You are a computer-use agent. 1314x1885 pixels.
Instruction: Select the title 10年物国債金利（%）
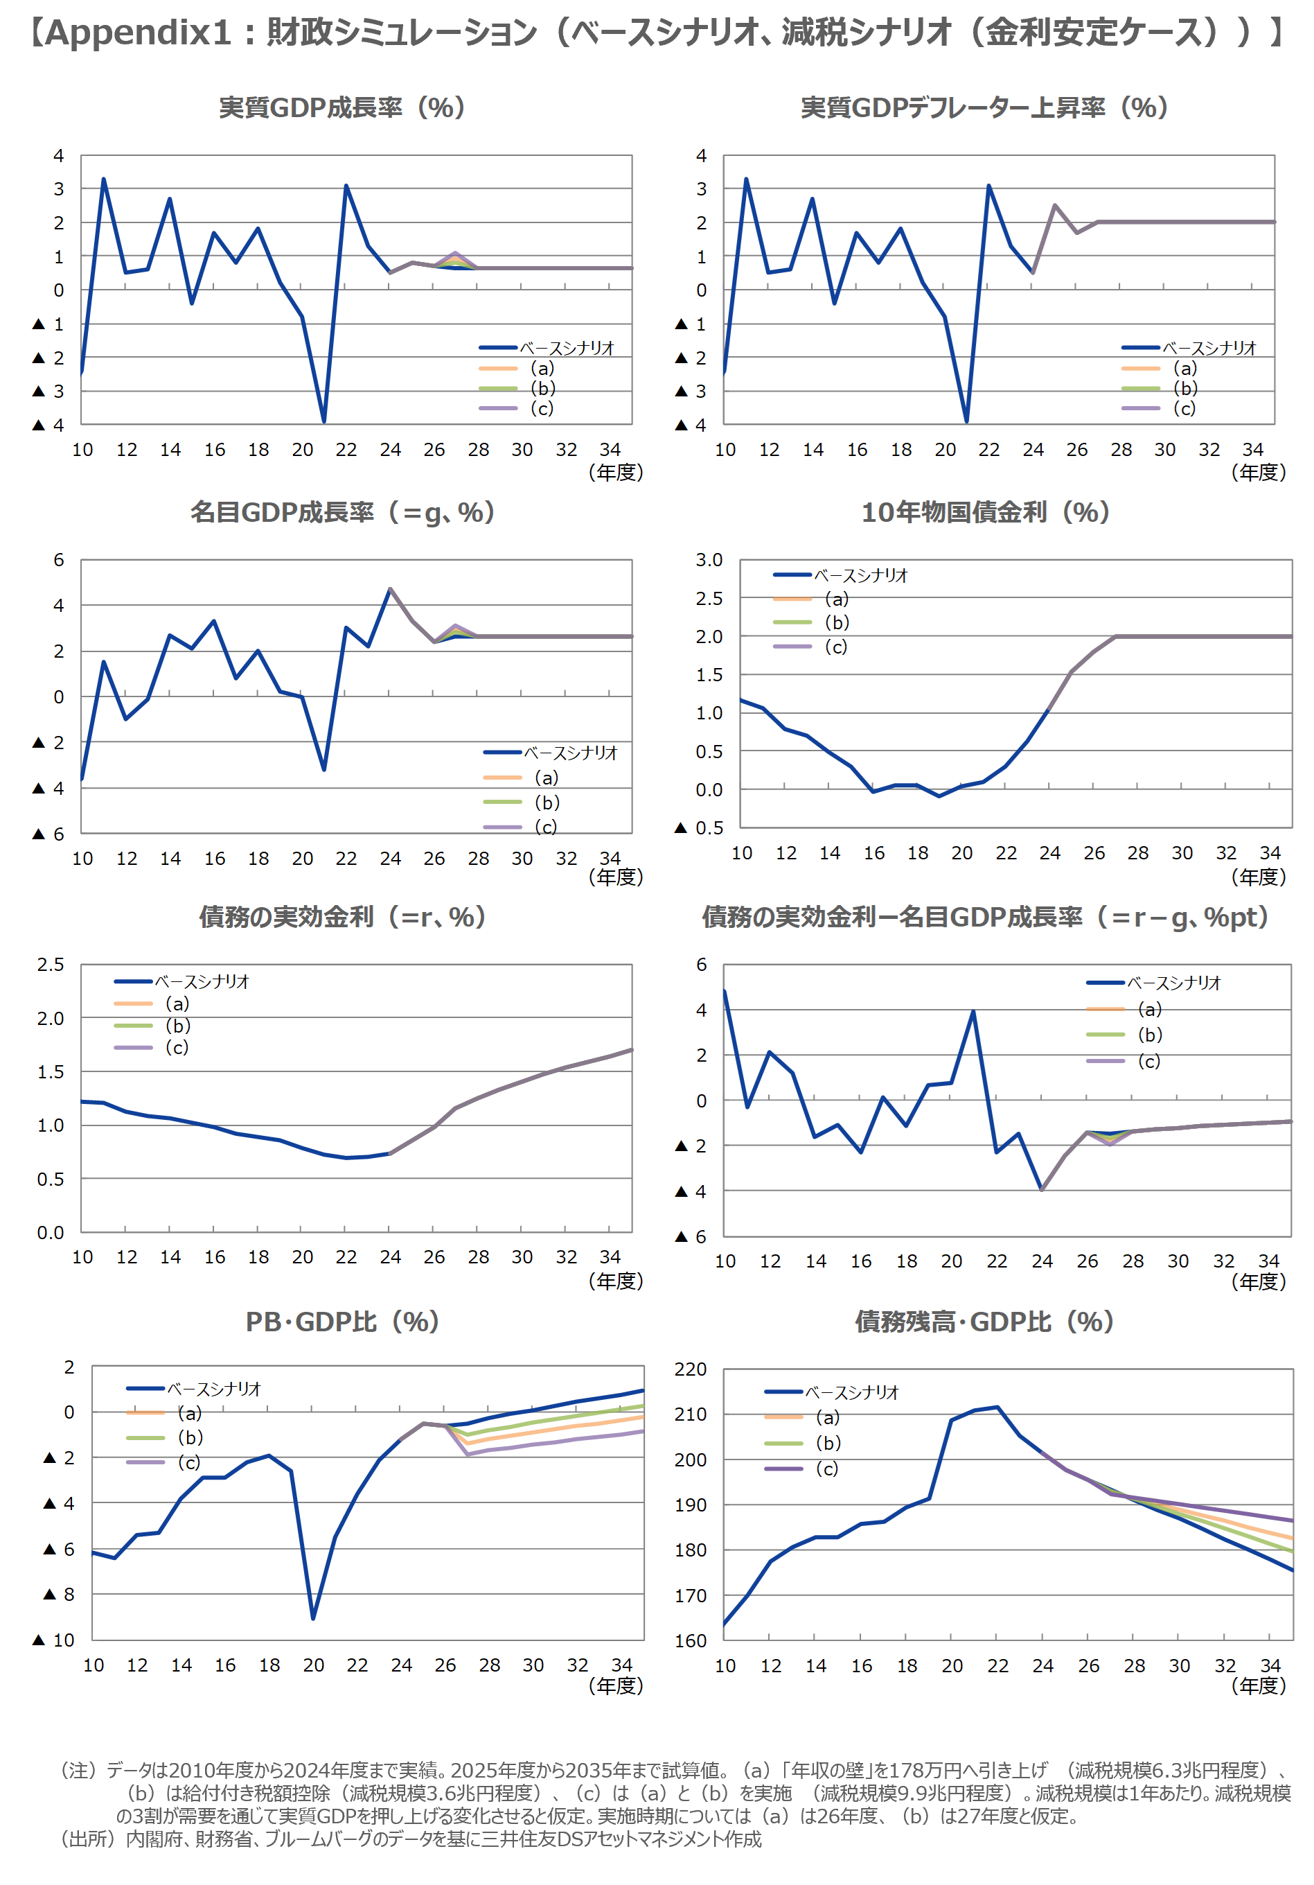[985, 512]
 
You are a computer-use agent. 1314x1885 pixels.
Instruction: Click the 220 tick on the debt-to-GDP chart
[689, 1369]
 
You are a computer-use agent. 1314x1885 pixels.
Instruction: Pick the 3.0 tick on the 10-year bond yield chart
[709, 560]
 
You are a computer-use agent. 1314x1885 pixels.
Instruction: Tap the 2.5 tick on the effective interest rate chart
[50, 965]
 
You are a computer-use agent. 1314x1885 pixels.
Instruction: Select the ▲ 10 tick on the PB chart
[54, 1640]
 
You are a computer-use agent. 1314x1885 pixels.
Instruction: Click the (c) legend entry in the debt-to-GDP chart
[826, 1468]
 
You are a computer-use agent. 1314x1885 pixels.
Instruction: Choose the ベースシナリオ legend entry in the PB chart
[213, 1389]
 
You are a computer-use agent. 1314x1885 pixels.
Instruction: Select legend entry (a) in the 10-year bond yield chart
[836, 599]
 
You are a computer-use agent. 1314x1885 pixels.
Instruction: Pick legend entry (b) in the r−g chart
[1150, 1035]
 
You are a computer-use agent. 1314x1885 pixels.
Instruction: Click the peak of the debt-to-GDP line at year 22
[997, 1408]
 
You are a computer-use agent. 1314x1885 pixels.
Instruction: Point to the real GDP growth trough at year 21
[324, 422]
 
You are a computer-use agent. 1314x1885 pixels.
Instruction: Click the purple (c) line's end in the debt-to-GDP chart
[1293, 1520]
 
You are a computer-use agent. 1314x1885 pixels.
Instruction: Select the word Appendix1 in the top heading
[138, 33]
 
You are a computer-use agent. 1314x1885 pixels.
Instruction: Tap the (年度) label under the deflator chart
[1258, 472]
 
